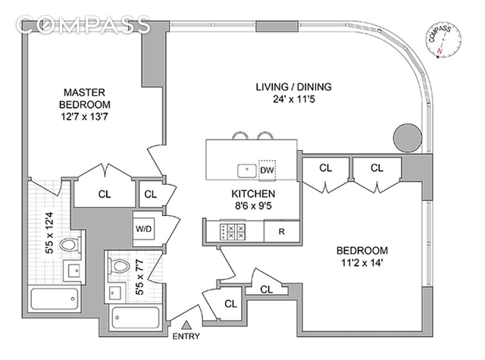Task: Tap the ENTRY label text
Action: click(187, 336)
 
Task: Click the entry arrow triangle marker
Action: click(186, 324)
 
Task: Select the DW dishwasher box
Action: click(267, 169)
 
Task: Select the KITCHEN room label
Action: click(252, 193)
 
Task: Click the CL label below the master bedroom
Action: click(105, 194)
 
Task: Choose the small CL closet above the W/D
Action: click(150, 194)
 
